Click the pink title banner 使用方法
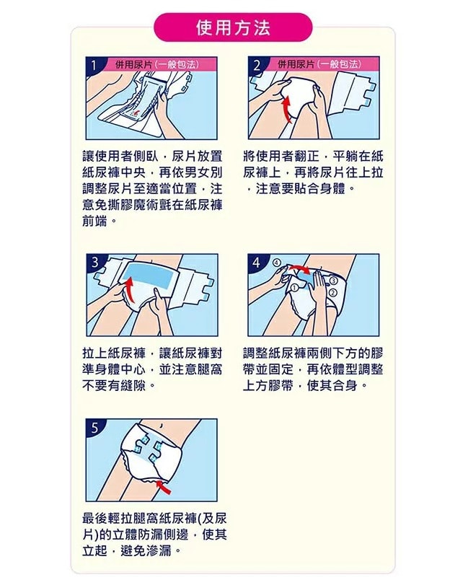[x=233, y=27]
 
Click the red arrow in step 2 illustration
[x=286, y=109]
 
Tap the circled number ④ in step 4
[x=277, y=263]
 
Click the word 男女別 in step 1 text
[x=203, y=172]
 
